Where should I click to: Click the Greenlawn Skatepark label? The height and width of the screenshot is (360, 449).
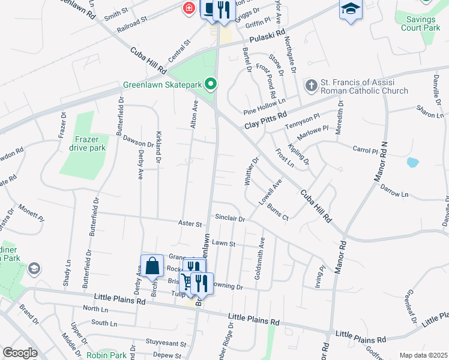tap(162, 85)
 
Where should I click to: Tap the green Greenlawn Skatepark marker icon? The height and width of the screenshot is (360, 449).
tap(211, 85)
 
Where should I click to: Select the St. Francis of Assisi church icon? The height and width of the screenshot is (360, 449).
tap(311, 85)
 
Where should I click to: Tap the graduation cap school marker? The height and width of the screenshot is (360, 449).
tap(351, 9)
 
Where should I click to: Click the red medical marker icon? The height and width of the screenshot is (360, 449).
tap(188, 8)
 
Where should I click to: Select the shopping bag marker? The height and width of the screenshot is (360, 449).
tap(152, 266)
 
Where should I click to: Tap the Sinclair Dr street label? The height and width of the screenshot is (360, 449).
tap(230, 220)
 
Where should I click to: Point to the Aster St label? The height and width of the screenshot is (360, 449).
tap(190, 224)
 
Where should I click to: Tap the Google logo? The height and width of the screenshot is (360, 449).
tap(20, 353)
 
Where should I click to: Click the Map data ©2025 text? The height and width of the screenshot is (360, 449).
tap(423, 355)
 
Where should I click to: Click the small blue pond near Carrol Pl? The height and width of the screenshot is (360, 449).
tap(412, 162)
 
